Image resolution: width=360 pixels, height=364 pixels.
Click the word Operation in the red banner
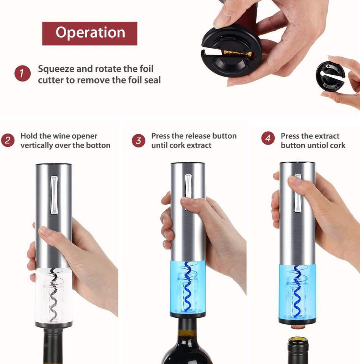tap(90, 33)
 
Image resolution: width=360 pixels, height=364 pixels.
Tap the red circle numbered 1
tap(22, 73)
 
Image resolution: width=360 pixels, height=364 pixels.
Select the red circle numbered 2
tap(8, 140)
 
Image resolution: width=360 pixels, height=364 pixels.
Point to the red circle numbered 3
tap(138, 141)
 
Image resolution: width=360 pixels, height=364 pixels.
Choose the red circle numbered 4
tap(268, 138)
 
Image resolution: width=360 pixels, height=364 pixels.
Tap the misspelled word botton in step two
tap(98, 145)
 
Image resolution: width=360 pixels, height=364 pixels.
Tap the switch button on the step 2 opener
tap(54, 195)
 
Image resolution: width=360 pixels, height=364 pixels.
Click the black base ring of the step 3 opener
tap(188, 315)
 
